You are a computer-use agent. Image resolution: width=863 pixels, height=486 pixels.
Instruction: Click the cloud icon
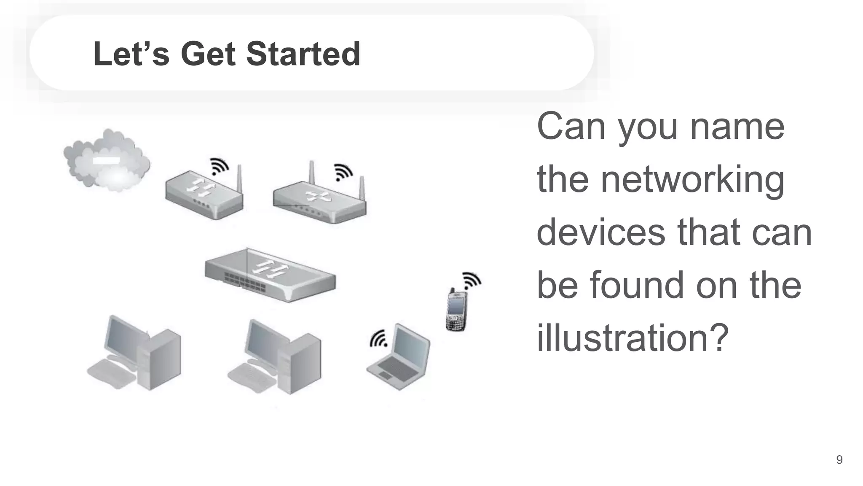(107, 159)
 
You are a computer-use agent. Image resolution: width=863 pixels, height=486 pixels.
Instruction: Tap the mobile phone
(456, 310)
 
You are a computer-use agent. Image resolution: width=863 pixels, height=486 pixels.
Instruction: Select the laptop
(399, 357)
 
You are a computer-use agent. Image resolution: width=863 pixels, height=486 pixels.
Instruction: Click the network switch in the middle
(270, 275)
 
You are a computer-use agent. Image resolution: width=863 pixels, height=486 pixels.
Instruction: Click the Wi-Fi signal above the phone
(472, 281)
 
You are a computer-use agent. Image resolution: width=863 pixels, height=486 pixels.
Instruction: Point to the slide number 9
(839, 459)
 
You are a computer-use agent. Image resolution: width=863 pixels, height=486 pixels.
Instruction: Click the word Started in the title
(303, 54)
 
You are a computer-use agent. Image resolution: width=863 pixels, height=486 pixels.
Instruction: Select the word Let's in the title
(131, 54)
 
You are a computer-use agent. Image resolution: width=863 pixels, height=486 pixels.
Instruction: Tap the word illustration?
(633, 337)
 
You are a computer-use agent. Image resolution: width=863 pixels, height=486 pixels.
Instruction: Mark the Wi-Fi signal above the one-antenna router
(220, 166)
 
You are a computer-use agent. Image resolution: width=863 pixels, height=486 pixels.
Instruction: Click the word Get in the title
(208, 54)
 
